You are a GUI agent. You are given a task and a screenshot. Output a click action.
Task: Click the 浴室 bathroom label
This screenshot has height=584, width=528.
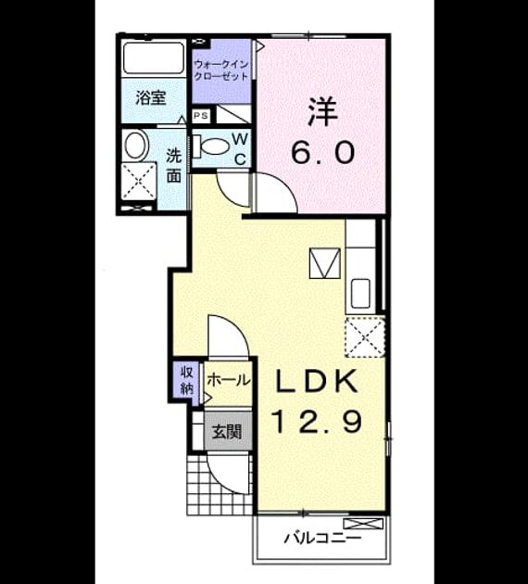(x=150, y=97)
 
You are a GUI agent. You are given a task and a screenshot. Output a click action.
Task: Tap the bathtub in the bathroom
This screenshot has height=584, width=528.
(x=153, y=58)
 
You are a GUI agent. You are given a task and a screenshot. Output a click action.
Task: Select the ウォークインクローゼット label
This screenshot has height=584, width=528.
(x=221, y=70)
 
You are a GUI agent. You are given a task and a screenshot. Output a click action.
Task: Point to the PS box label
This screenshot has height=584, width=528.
(x=201, y=116)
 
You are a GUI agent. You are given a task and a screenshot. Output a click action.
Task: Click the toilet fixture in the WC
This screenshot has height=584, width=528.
(x=212, y=146)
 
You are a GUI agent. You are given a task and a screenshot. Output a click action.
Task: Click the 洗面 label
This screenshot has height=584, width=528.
(x=174, y=165)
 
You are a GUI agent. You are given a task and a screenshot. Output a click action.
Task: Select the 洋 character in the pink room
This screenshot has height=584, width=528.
(x=321, y=112)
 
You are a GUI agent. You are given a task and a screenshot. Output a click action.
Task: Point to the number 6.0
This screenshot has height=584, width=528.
(x=322, y=153)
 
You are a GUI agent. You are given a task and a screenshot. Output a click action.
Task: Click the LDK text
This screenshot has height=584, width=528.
(x=317, y=381)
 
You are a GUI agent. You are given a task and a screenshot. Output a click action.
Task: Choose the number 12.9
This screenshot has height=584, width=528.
(x=318, y=421)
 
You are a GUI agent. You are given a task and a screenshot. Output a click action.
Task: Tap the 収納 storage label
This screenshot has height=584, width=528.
(x=187, y=380)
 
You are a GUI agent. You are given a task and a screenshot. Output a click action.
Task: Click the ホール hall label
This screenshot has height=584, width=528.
(x=228, y=380)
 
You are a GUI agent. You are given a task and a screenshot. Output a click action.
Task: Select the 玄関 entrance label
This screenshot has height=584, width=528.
(x=227, y=432)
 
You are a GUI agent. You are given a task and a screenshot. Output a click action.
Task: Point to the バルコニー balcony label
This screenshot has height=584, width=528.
(x=322, y=539)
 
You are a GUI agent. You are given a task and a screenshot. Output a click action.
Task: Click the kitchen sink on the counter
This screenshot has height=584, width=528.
(x=360, y=294)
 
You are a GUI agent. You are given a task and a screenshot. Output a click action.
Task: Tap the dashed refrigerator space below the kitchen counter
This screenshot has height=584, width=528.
(x=365, y=336)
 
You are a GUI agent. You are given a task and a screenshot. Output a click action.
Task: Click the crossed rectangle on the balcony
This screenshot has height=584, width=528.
(x=363, y=524)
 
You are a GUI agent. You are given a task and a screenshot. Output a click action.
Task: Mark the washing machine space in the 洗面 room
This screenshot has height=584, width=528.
(x=139, y=182)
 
